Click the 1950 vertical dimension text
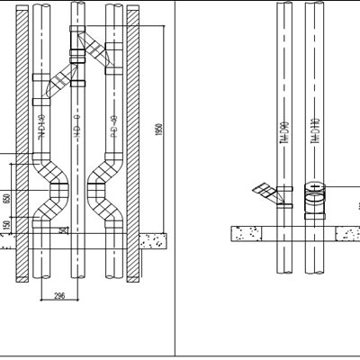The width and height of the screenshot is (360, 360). coord(158,130)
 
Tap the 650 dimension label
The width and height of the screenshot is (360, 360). coord(6,198)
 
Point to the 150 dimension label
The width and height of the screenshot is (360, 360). coord(6,225)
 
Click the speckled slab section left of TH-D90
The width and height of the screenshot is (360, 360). coord(253,233)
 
